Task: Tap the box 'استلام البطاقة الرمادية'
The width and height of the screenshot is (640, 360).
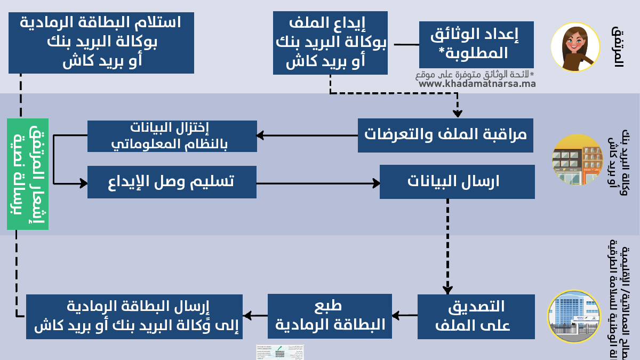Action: pyautogui.click(x=101, y=43)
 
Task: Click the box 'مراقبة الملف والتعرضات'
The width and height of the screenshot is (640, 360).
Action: pyautogui.click(x=445, y=135)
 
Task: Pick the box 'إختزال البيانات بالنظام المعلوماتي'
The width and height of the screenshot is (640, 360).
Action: pyautogui.click(x=172, y=136)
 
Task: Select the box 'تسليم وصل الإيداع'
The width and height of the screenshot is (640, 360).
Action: pyautogui.click(x=172, y=182)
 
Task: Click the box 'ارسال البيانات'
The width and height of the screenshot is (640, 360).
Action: pyautogui.click(x=457, y=182)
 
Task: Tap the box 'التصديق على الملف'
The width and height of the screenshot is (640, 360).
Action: pyautogui.click(x=476, y=316)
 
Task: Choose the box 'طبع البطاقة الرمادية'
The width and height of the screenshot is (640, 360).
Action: pyautogui.click(x=330, y=316)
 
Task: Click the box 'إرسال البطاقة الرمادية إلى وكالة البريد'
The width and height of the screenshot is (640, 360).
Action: pyautogui.click(x=134, y=316)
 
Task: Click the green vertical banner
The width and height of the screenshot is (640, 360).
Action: pyautogui.click(x=28, y=174)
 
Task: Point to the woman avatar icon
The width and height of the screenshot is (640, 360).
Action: pyautogui.click(x=572, y=47)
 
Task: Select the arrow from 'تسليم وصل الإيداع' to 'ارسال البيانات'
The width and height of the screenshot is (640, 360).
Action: pyautogui.click(x=318, y=183)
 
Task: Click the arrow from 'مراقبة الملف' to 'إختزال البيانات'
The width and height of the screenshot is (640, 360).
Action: pyautogui.click(x=307, y=135)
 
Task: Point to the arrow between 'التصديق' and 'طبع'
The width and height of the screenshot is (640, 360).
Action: pyautogui.click(x=405, y=315)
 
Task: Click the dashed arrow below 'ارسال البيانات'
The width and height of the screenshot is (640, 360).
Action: pyautogui.click(x=447, y=245)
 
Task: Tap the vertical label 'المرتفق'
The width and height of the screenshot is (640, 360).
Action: pyautogui.click(x=618, y=46)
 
